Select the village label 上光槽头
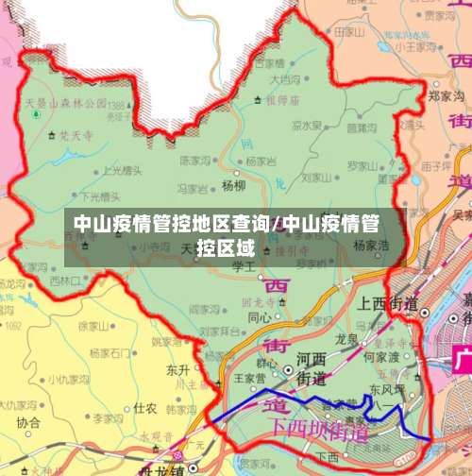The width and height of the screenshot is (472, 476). click(x=122, y=171)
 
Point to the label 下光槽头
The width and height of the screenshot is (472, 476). click(x=103, y=196)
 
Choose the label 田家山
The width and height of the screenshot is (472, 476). click(x=350, y=31)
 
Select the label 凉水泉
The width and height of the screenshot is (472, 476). click(x=306, y=124)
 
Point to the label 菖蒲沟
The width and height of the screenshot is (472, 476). click(x=362, y=126)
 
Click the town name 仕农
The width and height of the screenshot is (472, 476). click(x=144, y=408)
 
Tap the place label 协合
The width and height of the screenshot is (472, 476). click(x=28, y=422)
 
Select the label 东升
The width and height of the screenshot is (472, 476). click(x=177, y=368)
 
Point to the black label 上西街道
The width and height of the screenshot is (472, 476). click(x=388, y=302)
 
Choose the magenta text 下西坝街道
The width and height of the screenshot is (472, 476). click(x=320, y=428)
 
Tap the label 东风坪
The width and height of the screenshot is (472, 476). click(x=387, y=388)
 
